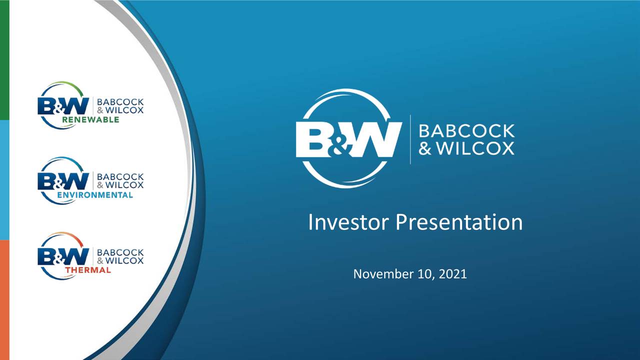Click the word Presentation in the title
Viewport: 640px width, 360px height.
click(459, 222)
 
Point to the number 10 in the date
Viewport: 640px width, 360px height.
click(424, 274)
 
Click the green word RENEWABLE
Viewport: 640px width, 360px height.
click(90, 120)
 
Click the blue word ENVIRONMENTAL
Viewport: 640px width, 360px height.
click(95, 195)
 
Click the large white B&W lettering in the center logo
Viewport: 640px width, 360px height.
click(348, 139)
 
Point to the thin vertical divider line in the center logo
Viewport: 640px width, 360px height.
click(410, 139)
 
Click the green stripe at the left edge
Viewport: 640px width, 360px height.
click(4, 60)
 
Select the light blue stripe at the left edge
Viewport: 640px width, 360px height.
click(4, 180)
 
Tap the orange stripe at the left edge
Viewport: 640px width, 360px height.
click(4, 300)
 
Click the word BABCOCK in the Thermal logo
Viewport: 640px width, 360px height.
click(120, 252)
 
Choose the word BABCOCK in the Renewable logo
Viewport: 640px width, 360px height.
click(120, 102)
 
